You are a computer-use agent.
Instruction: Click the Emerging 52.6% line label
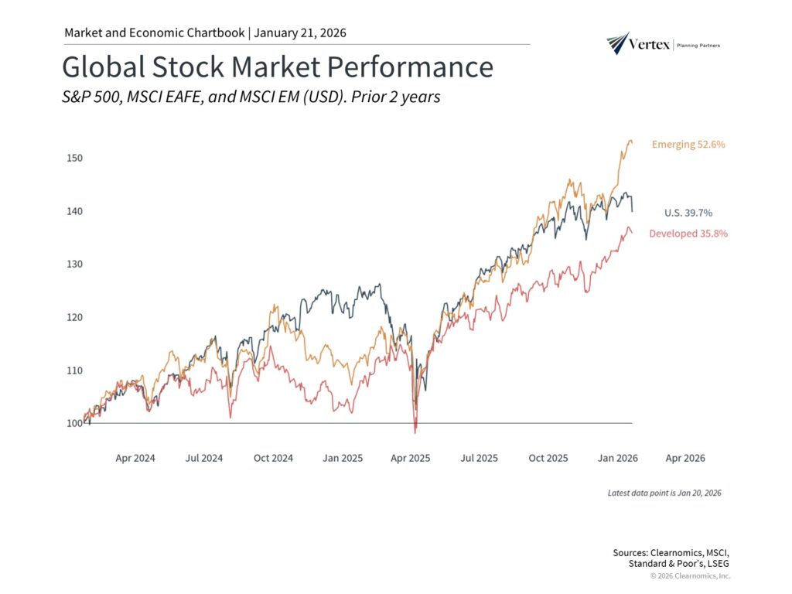coord(688,145)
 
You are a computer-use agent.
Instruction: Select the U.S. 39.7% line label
coord(688,213)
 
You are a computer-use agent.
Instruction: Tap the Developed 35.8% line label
coord(688,233)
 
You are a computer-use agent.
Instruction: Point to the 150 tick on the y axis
coord(74,158)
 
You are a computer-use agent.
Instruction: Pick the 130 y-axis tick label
coord(74,264)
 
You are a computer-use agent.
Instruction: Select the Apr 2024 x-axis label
coord(135,458)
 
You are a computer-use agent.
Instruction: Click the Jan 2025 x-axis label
coord(342,458)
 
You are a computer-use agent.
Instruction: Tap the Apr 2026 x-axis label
coord(685,458)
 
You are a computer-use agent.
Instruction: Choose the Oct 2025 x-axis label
coord(548,458)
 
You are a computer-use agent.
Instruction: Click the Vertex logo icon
coord(618,43)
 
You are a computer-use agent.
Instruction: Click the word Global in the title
coord(103,67)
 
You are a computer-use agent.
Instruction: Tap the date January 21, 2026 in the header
coord(300,32)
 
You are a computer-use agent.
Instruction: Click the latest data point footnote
coord(664,493)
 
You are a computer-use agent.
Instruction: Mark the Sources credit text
coord(671,557)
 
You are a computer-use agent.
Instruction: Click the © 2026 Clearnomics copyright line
coord(690,576)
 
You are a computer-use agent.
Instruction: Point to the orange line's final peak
coord(630,141)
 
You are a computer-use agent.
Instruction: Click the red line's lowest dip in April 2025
coord(415,432)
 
